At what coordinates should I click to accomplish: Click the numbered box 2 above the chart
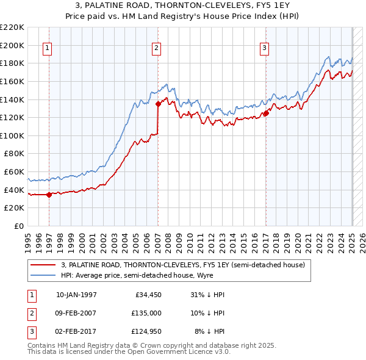156,48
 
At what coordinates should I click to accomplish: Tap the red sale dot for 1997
49,195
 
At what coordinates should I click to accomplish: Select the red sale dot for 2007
158,104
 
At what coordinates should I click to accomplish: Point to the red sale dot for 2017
266,113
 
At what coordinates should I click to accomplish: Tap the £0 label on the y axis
18,226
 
